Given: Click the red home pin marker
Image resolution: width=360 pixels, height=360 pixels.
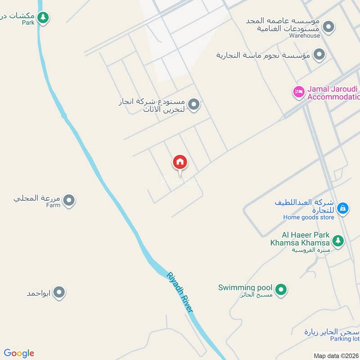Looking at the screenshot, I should (x=180, y=162).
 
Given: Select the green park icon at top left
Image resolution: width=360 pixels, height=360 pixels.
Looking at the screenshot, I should (x=43, y=18).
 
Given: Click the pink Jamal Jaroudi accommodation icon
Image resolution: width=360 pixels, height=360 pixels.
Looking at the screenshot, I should (x=298, y=92).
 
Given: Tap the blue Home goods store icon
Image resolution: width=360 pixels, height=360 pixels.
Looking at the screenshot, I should (x=343, y=208).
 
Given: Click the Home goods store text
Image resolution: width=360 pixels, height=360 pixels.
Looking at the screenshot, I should (x=309, y=217).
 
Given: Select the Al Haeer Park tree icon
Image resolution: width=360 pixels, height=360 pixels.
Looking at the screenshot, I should (x=338, y=241).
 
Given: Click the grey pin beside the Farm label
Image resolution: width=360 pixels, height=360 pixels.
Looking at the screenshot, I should (x=69, y=201).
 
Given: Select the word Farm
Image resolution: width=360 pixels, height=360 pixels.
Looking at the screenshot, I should (x=53, y=205).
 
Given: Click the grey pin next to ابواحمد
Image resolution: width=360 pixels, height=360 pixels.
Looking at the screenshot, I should (x=59, y=293).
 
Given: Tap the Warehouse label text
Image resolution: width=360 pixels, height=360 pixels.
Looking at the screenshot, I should (x=305, y=36).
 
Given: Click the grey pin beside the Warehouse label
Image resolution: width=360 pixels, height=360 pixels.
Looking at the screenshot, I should (x=329, y=27).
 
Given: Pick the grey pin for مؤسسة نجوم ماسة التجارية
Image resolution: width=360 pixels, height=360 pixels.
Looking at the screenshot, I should (x=319, y=55).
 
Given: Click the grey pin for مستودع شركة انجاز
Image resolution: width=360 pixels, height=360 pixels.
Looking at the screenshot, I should (x=194, y=105).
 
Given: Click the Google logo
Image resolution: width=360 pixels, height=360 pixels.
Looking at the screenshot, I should (x=19, y=353).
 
